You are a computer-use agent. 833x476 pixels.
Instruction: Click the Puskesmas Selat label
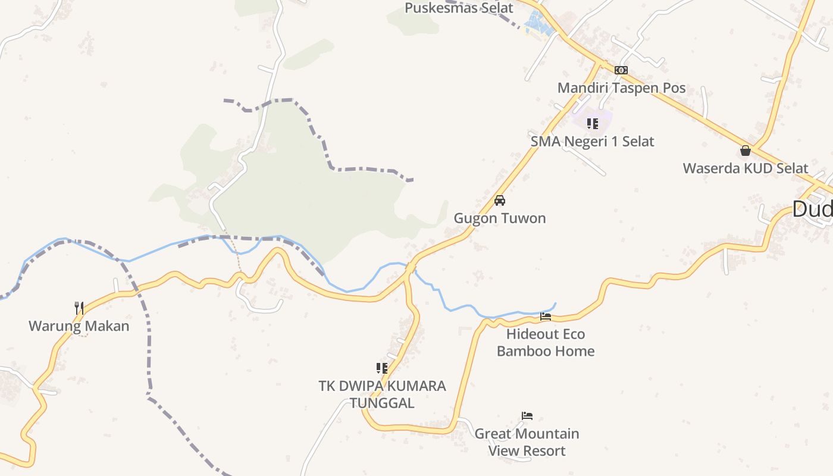coord(459,8)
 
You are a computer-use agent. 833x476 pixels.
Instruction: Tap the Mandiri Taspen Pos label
coord(621,88)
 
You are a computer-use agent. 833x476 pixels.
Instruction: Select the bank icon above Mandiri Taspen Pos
coord(621,70)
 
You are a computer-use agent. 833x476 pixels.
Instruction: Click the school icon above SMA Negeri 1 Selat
coord(592,124)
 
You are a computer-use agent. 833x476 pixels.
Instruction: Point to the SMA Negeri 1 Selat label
coord(592,142)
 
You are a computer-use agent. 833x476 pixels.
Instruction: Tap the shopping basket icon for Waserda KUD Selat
coord(745,151)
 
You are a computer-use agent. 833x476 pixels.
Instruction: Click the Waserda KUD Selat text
coord(745,168)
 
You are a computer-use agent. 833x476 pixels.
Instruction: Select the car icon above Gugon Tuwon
coord(500,201)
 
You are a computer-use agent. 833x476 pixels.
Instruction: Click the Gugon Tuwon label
coord(500,218)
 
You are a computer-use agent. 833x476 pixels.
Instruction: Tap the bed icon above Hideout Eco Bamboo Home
coord(546,317)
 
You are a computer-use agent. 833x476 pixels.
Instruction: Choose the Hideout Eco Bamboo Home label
coord(546,343)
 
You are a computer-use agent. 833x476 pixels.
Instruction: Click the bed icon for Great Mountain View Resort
coord(527,416)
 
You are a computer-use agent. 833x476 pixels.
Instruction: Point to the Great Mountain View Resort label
coord(527,442)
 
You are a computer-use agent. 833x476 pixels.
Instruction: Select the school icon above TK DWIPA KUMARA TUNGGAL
coord(382,368)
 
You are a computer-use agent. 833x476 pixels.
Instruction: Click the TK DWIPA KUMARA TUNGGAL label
coord(382,394)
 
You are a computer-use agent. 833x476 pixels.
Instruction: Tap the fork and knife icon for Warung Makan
coord(79,308)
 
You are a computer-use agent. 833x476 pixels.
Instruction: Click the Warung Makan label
coord(79,326)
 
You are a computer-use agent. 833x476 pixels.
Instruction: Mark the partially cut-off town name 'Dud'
coord(812,209)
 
